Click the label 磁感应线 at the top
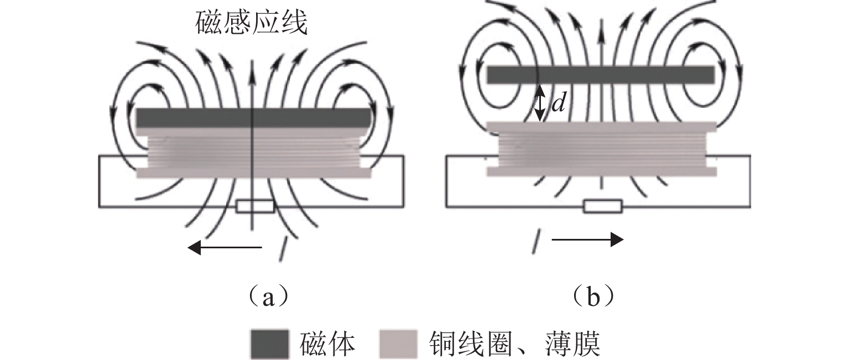(252, 24)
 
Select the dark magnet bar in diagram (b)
(601, 75)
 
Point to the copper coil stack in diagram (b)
(602, 149)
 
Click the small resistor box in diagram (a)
(255, 207)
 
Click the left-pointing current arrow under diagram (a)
(225, 248)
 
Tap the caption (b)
(593, 298)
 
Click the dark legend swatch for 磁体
(270, 344)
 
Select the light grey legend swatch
(398, 344)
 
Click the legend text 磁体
(327, 344)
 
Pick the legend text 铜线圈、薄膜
(514, 344)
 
